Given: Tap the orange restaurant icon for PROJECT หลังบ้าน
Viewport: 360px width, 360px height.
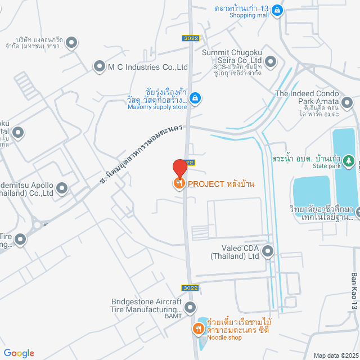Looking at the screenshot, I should (179, 183).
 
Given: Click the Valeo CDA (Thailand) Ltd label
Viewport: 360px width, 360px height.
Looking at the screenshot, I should (235, 251).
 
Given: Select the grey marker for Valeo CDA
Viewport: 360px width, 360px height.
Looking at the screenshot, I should (268, 251).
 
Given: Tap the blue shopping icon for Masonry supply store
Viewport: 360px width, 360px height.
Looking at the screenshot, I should (195, 98).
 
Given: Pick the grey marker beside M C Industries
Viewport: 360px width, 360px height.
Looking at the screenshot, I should (99, 67).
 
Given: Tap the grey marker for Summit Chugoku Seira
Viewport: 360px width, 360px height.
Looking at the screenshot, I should (271, 61).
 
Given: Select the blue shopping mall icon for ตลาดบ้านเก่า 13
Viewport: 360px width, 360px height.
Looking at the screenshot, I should (277, 10).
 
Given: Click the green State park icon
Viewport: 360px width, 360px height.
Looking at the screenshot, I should (349, 159).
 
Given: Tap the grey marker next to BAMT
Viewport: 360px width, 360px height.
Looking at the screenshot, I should (190, 308).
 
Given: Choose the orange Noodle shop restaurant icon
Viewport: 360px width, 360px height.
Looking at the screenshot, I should (198, 328).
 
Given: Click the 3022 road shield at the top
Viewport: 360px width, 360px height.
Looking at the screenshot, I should (190, 38).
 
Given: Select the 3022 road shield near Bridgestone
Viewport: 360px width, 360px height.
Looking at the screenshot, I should (191, 288).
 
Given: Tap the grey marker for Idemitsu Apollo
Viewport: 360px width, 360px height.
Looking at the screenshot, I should (62, 188).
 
